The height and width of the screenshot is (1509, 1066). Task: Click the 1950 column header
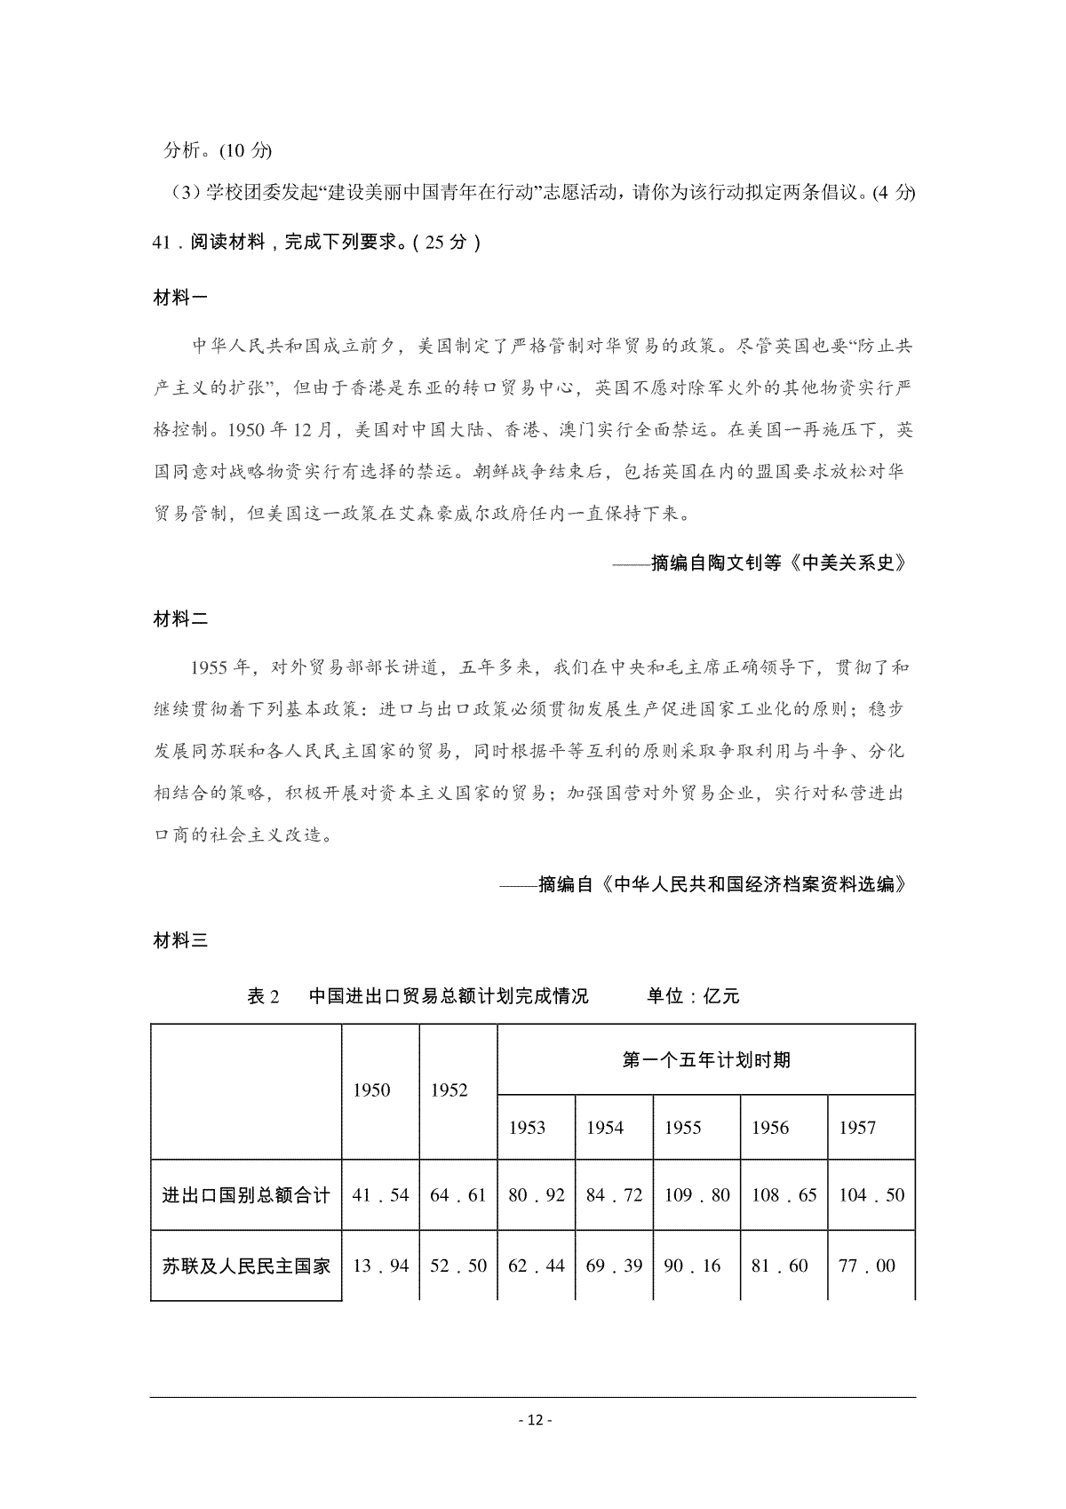tap(371, 1090)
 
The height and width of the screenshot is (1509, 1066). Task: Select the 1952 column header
tap(449, 1090)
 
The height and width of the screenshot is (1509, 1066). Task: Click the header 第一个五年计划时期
tap(706, 1059)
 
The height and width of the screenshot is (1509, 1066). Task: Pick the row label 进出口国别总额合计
tap(246, 1195)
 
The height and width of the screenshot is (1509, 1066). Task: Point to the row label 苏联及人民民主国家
tap(246, 1265)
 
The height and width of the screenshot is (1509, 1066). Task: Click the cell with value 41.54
tap(380, 1195)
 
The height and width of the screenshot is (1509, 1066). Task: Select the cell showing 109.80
tap(696, 1195)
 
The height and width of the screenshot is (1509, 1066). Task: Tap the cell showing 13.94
tap(380, 1265)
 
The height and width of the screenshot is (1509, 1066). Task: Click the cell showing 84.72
tap(614, 1195)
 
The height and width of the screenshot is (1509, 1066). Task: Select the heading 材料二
tap(180, 619)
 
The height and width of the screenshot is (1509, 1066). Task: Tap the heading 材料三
tap(180, 941)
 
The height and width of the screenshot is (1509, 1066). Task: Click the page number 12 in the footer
tap(533, 1419)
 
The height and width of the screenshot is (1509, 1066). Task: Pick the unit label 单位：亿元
tap(693, 996)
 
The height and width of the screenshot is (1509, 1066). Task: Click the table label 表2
tap(263, 996)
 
